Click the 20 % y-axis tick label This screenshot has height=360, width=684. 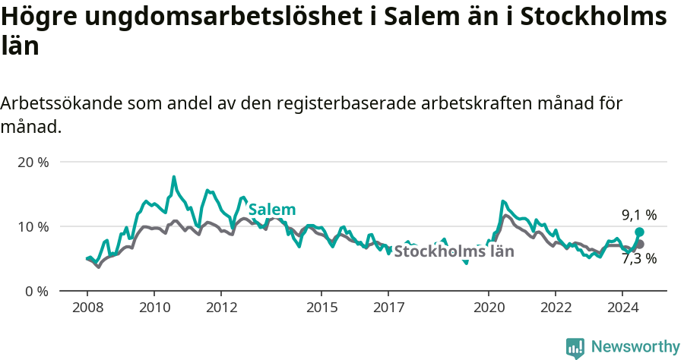coord(33,163)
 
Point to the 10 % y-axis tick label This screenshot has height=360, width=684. coord(33,226)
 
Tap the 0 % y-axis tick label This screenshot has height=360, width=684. coord(36,291)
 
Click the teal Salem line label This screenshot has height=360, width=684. coord(272,210)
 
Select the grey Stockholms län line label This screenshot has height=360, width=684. coord(454,251)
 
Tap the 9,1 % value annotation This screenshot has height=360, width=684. coord(638,216)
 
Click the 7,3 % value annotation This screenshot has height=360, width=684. coord(638,258)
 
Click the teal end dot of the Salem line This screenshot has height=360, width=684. coord(639,232)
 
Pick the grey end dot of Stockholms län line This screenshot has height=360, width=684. coord(639,244)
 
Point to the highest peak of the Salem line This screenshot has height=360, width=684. coord(174,177)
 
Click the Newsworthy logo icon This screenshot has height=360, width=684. coord(575,348)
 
